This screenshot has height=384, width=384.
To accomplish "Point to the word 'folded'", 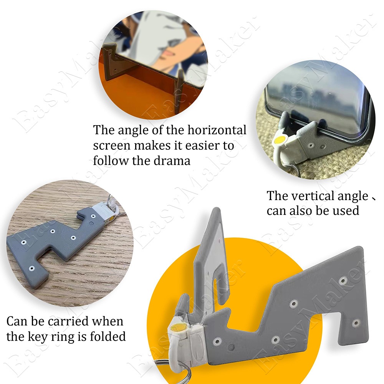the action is point(108,336).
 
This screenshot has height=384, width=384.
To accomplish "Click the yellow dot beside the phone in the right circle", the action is point(279,140).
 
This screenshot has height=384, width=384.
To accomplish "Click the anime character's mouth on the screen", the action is point(169,52).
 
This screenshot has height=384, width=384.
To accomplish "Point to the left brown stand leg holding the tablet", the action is point(109,63).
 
